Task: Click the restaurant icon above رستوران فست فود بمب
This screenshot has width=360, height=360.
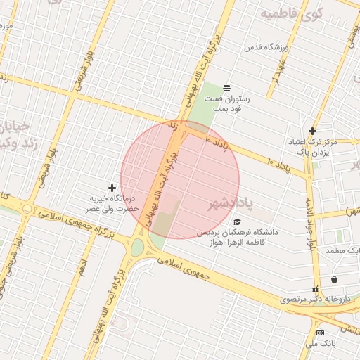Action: [x=227, y=88]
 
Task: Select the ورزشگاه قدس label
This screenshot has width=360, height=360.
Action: [x=266, y=47]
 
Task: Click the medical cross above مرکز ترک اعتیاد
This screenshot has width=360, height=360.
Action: [x=313, y=131]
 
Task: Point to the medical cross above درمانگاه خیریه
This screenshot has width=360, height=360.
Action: [x=112, y=187]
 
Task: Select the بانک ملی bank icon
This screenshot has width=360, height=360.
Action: [x=321, y=333]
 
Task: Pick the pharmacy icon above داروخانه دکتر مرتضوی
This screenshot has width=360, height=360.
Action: [x=315, y=288]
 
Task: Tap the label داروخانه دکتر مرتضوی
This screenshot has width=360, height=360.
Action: [x=315, y=299]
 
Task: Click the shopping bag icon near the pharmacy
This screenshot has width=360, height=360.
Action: [x=334, y=279]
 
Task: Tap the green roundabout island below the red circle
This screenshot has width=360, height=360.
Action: [x=136, y=247]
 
